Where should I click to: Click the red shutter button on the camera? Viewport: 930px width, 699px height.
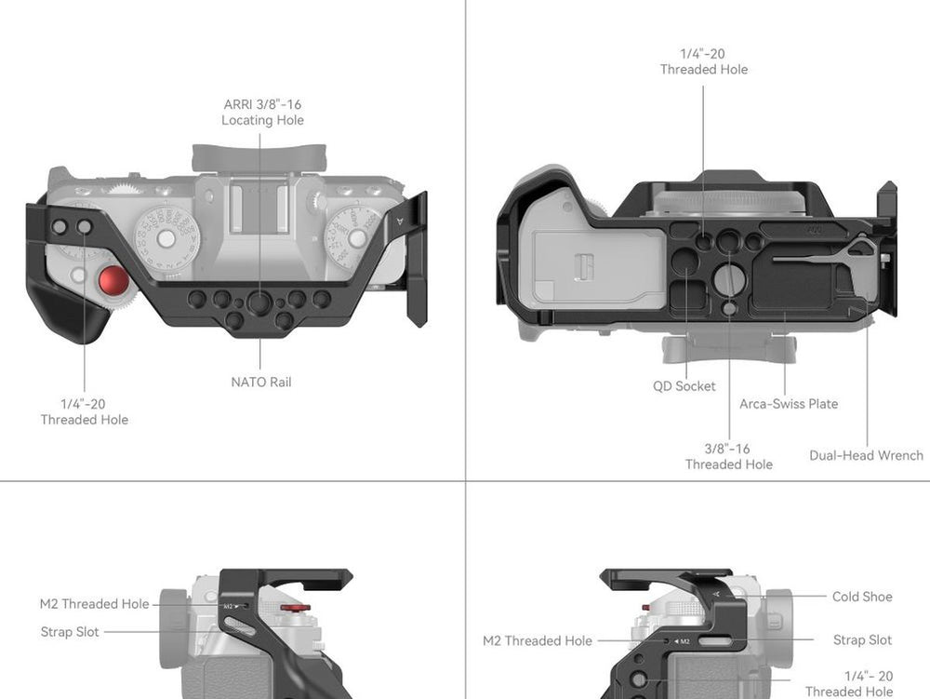point(113,281)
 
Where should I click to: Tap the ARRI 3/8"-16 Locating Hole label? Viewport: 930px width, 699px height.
point(262,112)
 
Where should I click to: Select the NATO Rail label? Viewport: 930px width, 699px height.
point(261,383)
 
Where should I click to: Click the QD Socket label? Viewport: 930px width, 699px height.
point(684,386)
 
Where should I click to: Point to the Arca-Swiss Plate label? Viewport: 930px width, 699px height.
point(789,404)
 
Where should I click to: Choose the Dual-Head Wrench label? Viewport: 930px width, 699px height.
point(866,455)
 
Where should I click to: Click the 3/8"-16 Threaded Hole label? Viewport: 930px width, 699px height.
point(728,456)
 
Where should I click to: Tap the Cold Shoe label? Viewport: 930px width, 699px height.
point(862,597)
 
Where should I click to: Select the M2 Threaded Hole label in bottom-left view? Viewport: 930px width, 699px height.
point(94,604)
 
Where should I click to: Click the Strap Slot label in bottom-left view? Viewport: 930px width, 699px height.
point(70,632)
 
